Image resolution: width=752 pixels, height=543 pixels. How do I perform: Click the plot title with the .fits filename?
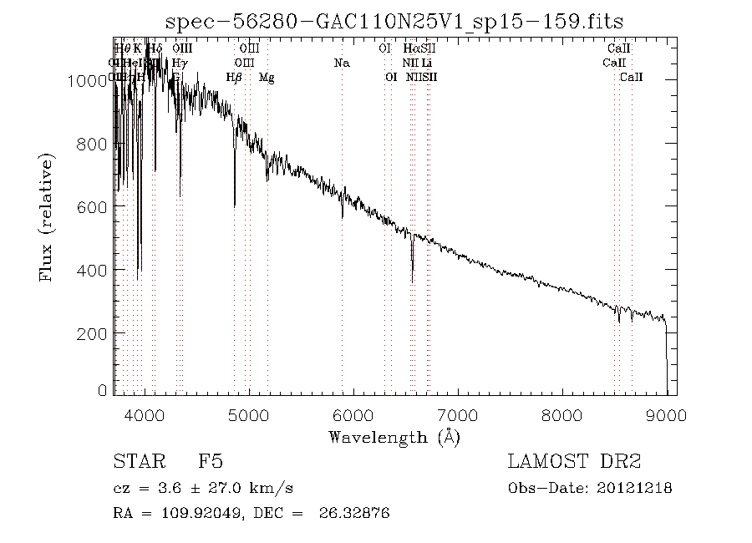coord(394,21)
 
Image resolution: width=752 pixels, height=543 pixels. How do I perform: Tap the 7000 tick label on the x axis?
coord(458,414)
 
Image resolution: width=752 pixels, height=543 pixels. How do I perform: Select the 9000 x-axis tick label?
coord(666,414)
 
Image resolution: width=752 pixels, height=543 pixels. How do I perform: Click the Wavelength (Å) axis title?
coord(394,436)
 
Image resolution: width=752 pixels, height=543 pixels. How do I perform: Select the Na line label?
coord(341,63)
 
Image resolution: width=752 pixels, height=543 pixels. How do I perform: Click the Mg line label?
coord(267,78)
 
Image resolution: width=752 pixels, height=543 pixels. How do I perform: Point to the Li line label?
coord(426,63)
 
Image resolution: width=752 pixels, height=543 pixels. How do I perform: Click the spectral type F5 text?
coord(210,462)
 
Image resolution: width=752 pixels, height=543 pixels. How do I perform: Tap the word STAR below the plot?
coord(135,462)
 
